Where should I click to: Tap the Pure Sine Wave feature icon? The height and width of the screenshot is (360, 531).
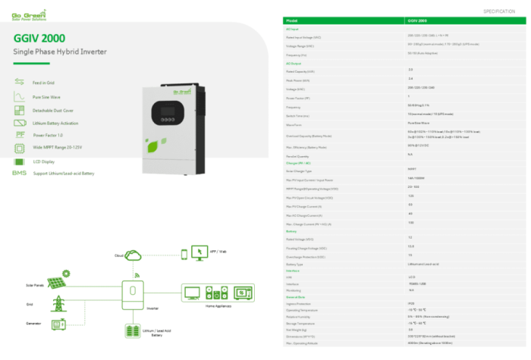pyautogui.click(x=20, y=97)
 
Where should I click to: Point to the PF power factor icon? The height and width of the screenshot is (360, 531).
pyautogui.click(x=20, y=135)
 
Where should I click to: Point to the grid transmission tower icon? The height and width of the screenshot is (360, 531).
pyautogui.click(x=57, y=305)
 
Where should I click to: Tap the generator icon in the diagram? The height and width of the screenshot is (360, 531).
pyautogui.click(x=56, y=326)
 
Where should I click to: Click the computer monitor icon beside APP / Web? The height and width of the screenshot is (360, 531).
pyautogui.click(x=199, y=252)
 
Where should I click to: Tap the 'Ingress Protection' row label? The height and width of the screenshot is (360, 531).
pyautogui.click(x=298, y=304)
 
